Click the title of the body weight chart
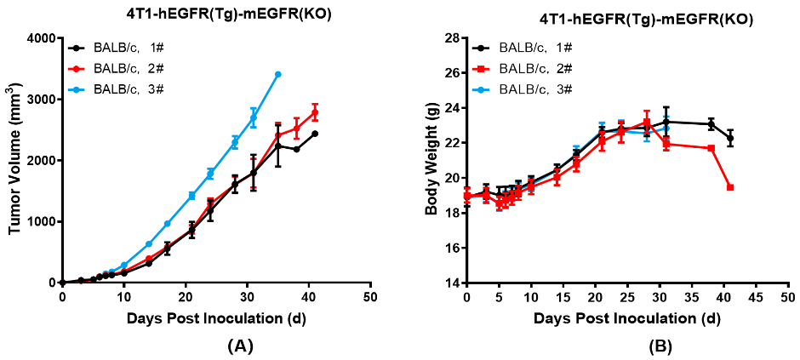pos(622,18)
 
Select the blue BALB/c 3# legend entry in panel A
pos(128,88)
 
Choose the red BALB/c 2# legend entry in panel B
pos(535,68)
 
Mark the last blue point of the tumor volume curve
pos(277,74)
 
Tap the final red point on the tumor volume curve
pos(315,112)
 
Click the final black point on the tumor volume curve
pos(315,134)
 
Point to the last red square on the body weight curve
pos(730,187)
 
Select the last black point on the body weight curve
pos(730,138)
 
